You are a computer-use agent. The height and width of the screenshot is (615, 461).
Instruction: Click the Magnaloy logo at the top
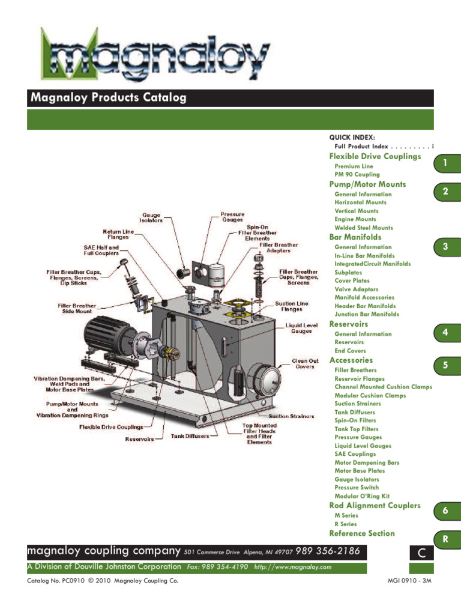pos(154,54)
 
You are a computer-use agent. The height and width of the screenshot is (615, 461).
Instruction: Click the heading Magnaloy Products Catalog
pos(108,98)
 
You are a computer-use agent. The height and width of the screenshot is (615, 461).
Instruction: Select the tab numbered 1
pos(445,163)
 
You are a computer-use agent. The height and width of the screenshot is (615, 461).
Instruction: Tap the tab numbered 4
pos(445,332)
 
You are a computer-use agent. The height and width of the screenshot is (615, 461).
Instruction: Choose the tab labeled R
pos(445,540)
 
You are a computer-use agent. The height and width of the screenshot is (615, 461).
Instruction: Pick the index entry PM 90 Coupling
pos(357,175)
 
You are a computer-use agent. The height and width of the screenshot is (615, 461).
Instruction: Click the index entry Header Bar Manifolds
pos(365,306)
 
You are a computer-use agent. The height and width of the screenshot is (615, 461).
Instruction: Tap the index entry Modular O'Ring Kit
pos(362,497)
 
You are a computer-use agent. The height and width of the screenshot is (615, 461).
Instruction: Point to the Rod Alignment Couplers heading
pos(375,506)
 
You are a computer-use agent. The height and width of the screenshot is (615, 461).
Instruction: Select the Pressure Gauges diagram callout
pos(233,217)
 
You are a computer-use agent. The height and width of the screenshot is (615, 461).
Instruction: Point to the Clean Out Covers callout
pos(305,365)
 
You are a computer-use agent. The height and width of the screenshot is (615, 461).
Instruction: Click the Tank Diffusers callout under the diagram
pos(190,436)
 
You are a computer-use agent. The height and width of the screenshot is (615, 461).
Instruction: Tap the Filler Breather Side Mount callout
pos(77,309)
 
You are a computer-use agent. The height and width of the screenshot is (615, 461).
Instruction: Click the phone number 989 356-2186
pos(327,551)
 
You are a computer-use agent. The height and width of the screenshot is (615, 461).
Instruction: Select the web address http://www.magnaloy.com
pos(292,567)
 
